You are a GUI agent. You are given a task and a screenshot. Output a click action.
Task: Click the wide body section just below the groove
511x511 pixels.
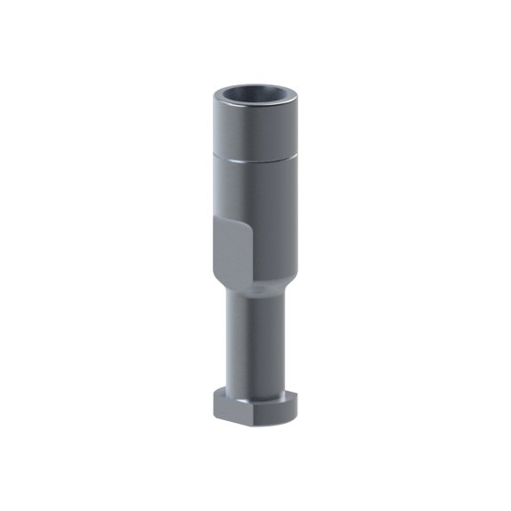pyautogui.click(x=267, y=191)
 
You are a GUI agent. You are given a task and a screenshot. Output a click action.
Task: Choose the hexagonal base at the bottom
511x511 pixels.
pyautogui.click(x=255, y=405)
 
